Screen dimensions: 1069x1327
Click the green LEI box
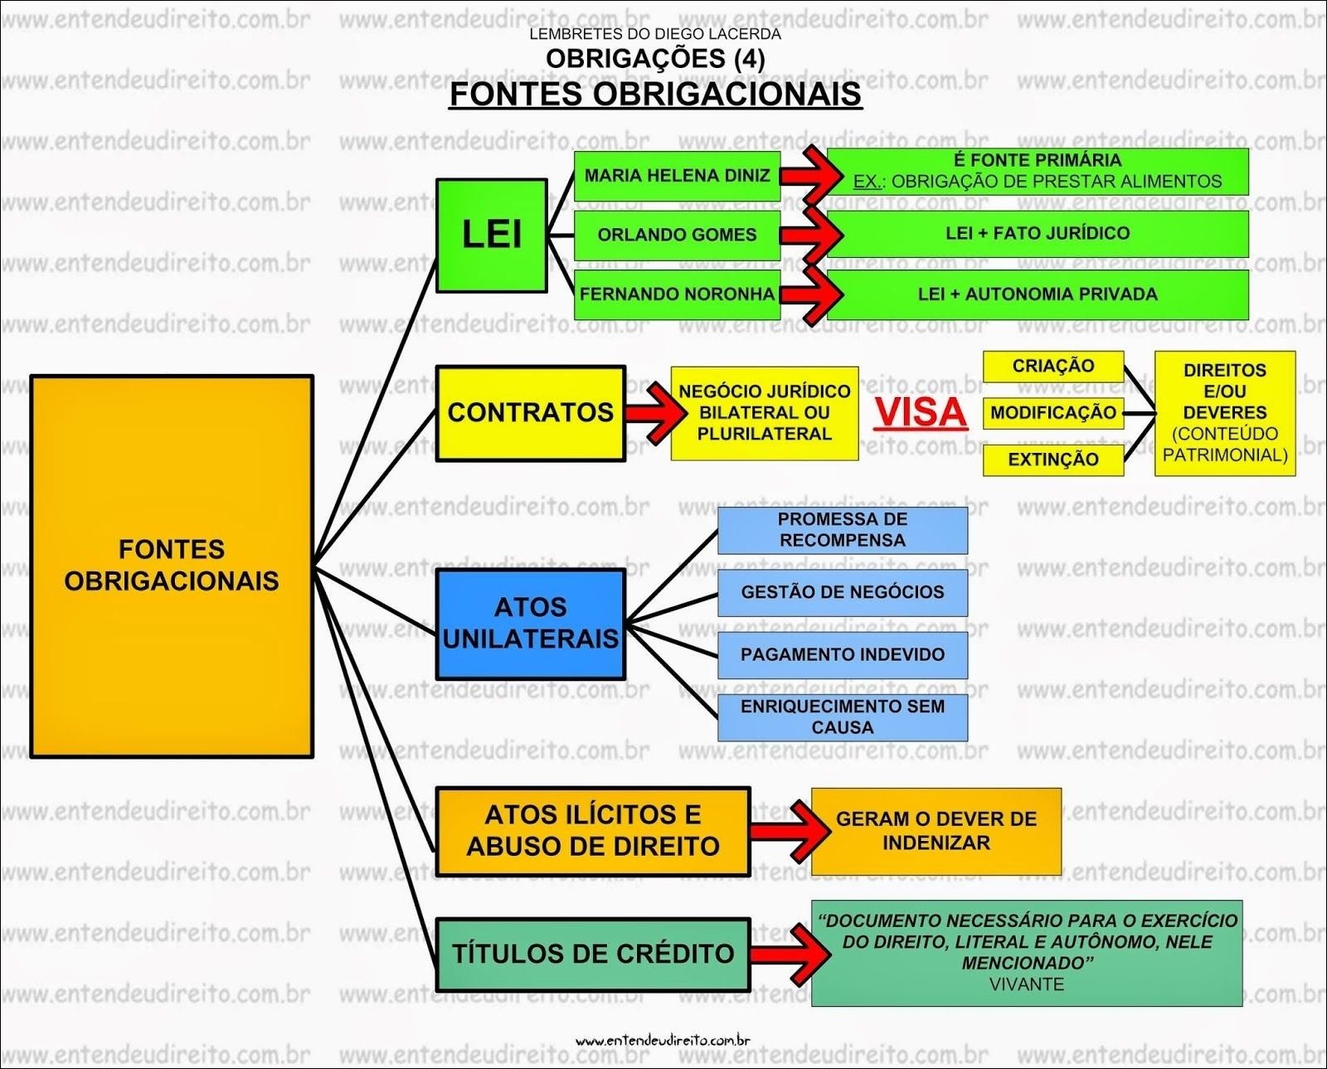(491, 236)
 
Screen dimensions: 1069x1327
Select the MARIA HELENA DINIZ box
(677, 176)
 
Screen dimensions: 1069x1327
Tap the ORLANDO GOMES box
(677, 235)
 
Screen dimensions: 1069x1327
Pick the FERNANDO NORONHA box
(677, 294)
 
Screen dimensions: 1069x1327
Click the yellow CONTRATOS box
(530, 413)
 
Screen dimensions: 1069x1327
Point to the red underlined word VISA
(921, 413)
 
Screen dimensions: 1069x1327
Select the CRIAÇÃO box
(1052, 366)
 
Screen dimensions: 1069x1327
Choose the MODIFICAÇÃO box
(1052, 413)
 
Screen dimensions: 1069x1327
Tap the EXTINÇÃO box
(1052, 459)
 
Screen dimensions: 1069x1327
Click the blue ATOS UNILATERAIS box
(530, 624)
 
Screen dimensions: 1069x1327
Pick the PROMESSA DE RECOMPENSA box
(842, 530)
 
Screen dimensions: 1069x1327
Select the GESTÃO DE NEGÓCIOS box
(842, 592)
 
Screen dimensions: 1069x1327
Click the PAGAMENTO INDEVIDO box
(842, 655)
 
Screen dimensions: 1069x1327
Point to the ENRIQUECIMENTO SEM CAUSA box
(842, 717)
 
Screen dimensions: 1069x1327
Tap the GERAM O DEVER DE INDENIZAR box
(936, 831)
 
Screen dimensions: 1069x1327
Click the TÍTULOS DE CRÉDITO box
(592, 954)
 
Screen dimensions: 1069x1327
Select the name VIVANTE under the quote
(1026, 984)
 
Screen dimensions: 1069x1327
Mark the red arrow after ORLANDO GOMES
(809, 235)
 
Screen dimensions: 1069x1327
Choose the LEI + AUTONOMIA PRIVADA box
(1037, 294)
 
